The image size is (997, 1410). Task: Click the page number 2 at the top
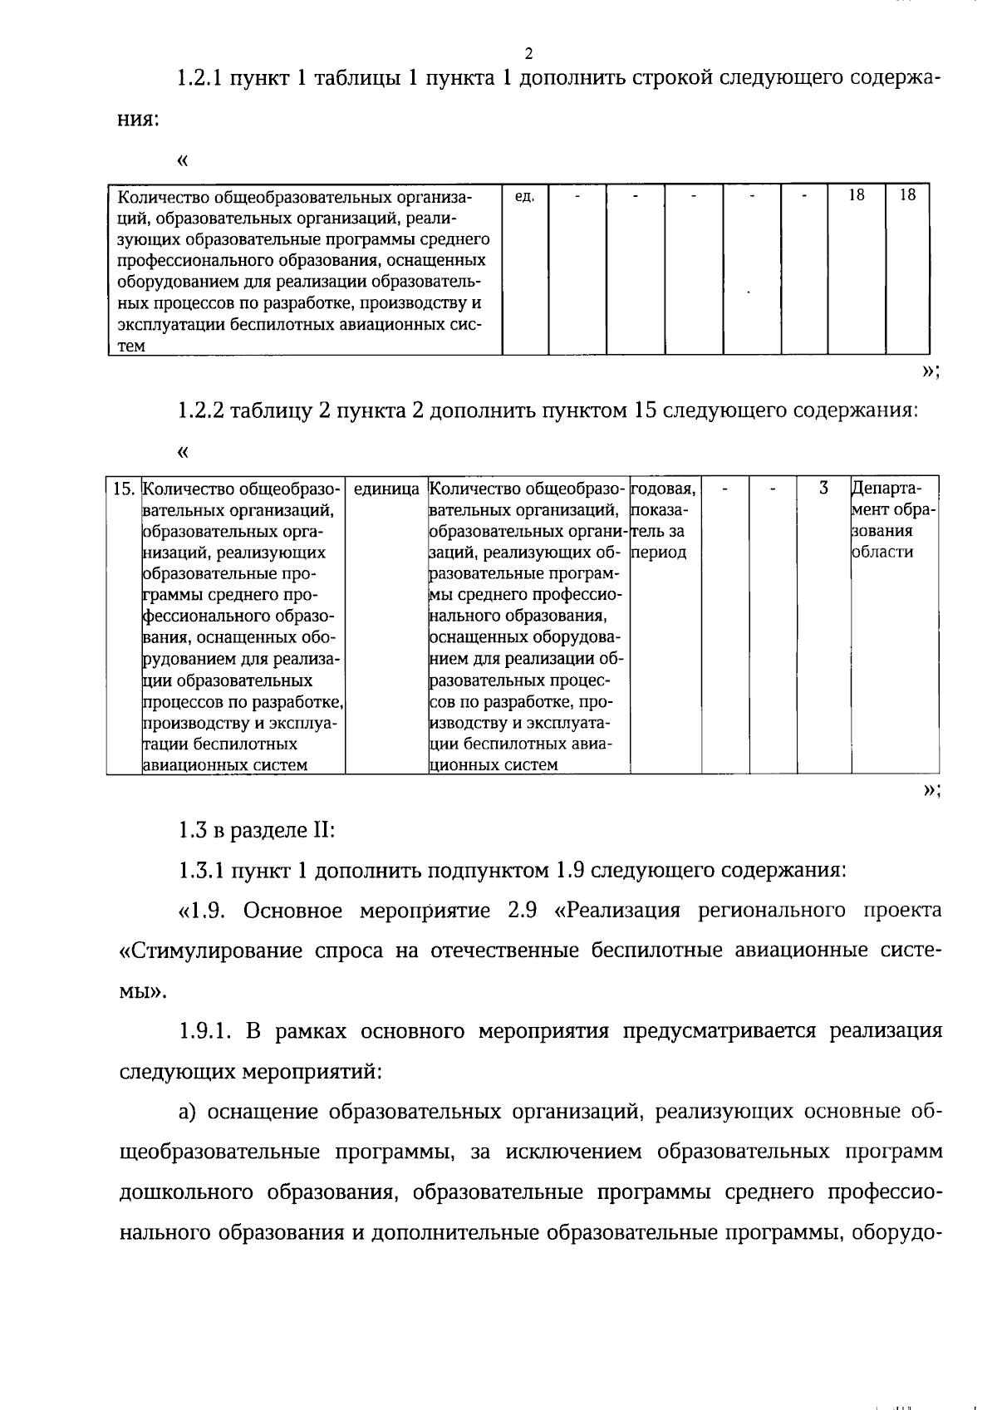point(528,54)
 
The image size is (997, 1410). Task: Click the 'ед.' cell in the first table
point(524,196)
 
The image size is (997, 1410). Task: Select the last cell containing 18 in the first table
point(907,195)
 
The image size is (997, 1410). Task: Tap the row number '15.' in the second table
point(124,489)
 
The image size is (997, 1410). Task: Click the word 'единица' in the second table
point(386,489)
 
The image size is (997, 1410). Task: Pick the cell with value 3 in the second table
point(823,489)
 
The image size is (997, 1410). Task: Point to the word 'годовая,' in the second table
point(664,489)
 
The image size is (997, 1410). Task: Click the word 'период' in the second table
point(659,553)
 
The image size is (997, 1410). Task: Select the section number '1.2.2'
point(199,411)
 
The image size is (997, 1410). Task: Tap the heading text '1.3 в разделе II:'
point(256,830)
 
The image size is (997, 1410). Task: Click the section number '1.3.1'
point(199,871)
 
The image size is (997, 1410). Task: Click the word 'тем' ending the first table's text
point(131,347)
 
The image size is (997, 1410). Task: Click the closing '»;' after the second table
point(931,790)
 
